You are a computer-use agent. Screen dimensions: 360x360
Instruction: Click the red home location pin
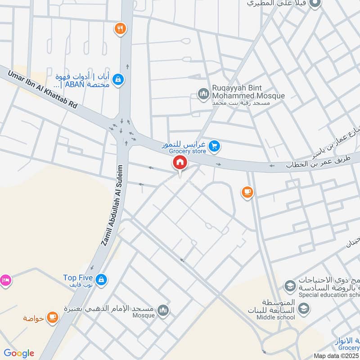[180, 163]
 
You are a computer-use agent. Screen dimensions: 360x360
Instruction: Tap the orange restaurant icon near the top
[120, 29]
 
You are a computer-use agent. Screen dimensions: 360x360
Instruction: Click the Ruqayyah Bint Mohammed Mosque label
[249, 92]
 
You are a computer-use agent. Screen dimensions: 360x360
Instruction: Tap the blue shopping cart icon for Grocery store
[214, 146]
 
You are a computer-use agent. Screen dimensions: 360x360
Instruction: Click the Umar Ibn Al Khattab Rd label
[40, 88]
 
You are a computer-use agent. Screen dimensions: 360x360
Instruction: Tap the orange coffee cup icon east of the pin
[247, 192]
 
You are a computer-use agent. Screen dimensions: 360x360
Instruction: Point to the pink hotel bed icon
[4, 280]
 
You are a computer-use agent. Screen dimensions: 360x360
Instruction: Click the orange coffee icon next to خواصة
[53, 318]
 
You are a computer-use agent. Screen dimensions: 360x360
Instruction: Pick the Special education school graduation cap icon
[289, 286]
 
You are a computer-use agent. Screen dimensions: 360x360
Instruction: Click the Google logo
[19, 353]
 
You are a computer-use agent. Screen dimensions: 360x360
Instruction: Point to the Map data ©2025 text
[336, 355]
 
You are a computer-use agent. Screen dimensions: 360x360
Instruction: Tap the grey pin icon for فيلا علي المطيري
[316, 4]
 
